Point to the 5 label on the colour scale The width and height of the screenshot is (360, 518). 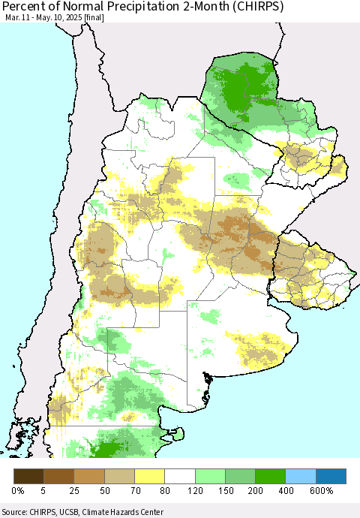click(44, 490)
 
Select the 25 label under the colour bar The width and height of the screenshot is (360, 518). click(74, 490)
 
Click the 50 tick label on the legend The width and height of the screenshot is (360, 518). click(105, 490)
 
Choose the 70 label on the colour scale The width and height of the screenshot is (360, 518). click(135, 490)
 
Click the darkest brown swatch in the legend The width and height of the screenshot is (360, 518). click(29, 476)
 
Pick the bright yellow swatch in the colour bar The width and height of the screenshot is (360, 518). click(150, 476)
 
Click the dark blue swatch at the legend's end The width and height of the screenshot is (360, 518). click(331, 476)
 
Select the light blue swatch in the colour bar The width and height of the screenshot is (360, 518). click(301, 476)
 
